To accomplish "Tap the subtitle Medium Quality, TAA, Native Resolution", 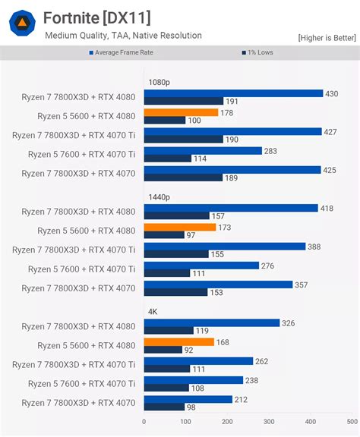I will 123,35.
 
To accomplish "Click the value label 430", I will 332,93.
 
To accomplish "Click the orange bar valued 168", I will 178,342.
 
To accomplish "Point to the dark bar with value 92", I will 163,350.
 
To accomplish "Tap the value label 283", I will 270,151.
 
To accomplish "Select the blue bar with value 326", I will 211,323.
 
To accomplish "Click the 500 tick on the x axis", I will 352,421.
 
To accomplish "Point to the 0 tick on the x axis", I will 144,421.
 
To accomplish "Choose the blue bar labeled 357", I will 218,285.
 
